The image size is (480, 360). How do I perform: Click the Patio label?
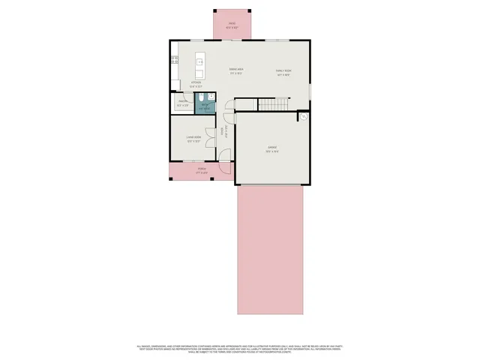coord(232,23)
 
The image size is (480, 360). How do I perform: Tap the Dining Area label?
coord(235,72)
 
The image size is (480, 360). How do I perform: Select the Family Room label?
coord(283,72)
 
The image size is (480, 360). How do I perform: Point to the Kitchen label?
coord(196,85)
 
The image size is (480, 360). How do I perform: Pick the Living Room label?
coord(193,138)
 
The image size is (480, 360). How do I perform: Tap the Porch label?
coord(201,171)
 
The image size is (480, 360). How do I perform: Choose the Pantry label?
coord(182,103)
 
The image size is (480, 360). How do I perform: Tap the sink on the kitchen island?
coord(200,63)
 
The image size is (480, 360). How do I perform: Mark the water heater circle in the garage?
coord(304,117)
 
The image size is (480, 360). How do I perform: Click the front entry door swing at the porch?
coord(224,157)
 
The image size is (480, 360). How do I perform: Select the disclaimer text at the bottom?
coord(239,349)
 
